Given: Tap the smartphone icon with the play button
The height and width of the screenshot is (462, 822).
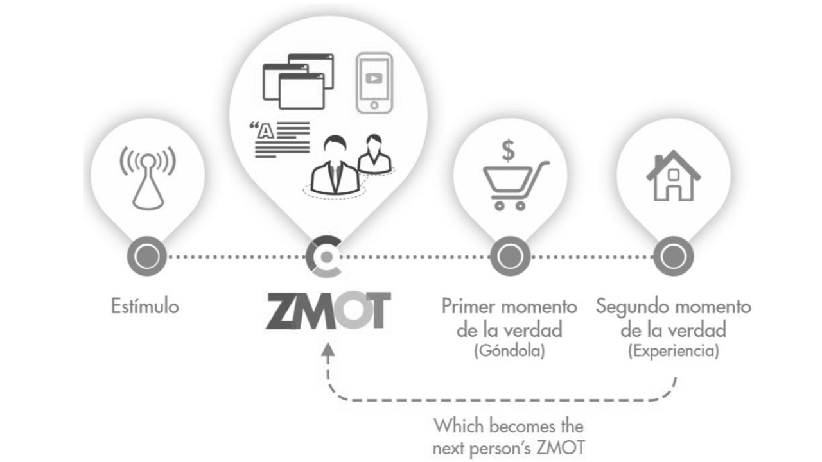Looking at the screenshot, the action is point(374,83).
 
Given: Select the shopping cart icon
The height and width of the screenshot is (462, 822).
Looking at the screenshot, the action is point(516,186).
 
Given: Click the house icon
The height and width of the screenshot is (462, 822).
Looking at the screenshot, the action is point(674,175).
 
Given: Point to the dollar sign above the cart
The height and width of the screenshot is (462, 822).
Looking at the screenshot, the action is point(508,150).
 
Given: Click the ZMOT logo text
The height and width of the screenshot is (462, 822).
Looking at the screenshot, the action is point(328,310).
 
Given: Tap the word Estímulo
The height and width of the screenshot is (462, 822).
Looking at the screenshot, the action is point(145,306).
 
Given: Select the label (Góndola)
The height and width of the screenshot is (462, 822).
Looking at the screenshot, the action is point(509,351).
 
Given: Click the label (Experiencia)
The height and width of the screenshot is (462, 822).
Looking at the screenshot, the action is point(674,351).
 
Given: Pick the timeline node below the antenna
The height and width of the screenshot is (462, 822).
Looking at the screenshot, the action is point(147,256).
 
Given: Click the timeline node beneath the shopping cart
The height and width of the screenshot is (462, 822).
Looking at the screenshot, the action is point(510,256).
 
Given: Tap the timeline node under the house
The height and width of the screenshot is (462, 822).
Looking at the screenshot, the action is point(674,256).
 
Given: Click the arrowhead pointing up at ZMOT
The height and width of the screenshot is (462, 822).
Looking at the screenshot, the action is point(328,350).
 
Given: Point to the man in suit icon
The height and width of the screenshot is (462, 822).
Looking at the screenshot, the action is point(335,166).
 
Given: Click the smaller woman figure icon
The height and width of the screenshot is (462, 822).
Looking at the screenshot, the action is point(374,154).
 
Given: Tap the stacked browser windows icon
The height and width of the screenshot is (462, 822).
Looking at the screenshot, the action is point(299,81).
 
